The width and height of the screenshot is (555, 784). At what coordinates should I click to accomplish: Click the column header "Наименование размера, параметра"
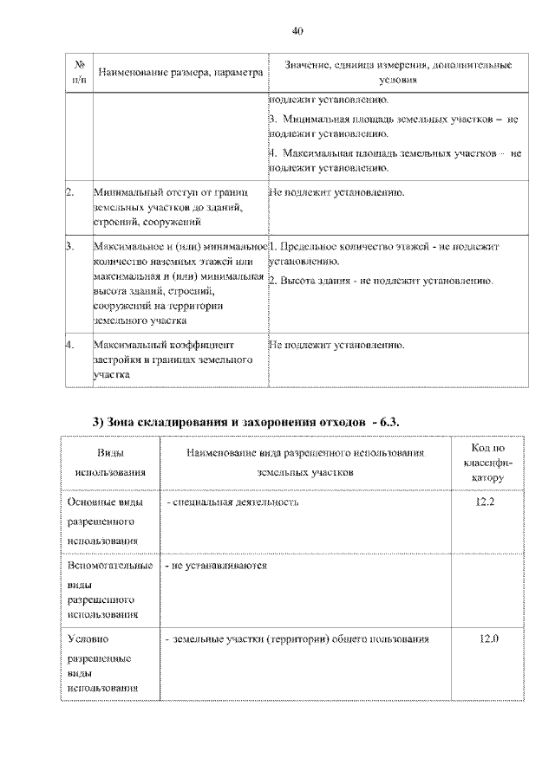(180, 74)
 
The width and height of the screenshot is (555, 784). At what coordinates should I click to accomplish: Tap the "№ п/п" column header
(79, 73)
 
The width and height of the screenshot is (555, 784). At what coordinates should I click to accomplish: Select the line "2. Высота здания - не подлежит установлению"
(381, 282)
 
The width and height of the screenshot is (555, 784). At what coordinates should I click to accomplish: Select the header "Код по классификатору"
(488, 463)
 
